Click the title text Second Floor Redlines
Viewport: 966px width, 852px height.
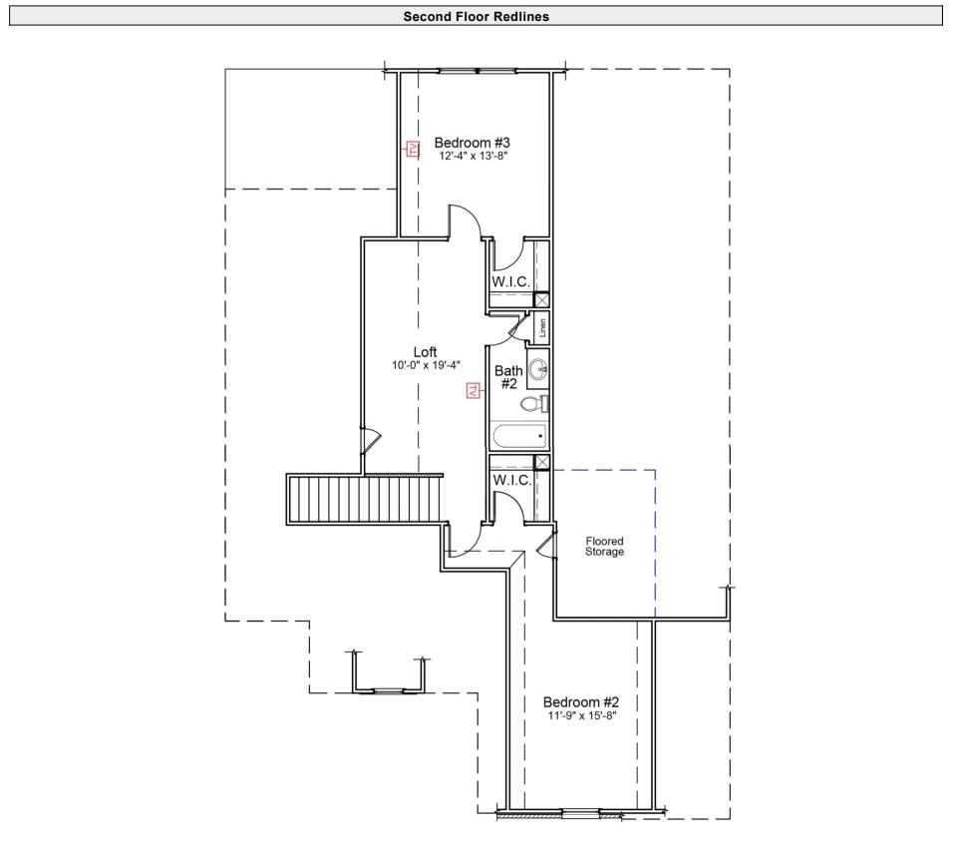coord(476,16)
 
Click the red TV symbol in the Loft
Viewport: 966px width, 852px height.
coord(474,390)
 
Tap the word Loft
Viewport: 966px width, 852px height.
coord(426,351)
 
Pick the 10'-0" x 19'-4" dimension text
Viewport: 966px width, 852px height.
coord(426,365)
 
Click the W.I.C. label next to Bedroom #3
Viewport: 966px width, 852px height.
coord(510,281)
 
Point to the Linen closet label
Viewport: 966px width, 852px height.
coord(542,328)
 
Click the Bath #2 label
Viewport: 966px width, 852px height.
coord(507,377)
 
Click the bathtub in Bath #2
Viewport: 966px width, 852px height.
coord(518,435)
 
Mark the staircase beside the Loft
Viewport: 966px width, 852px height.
coord(364,497)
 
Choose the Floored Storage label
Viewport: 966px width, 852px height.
coord(604,546)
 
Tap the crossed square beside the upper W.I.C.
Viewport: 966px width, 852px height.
coord(542,299)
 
